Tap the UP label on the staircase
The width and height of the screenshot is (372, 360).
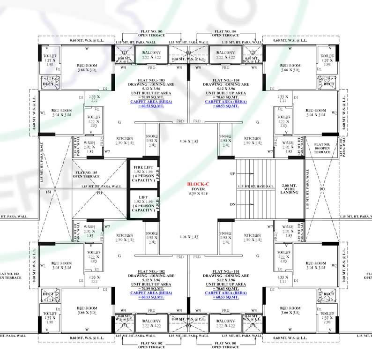point(233,174)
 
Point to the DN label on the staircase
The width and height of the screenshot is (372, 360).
point(233,204)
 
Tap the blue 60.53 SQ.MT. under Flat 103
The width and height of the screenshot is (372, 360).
point(150,106)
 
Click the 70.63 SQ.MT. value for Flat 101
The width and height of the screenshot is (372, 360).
point(226,288)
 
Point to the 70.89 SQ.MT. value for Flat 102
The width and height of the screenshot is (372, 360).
point(150,288)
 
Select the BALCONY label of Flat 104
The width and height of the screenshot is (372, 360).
point(226,52)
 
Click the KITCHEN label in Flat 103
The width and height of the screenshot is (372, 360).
point(126,139)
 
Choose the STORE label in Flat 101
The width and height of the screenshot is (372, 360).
point(225,233)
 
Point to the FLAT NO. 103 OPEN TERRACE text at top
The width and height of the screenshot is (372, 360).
point(150,33)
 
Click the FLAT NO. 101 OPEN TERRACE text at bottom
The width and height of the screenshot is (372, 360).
point(225,345)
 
